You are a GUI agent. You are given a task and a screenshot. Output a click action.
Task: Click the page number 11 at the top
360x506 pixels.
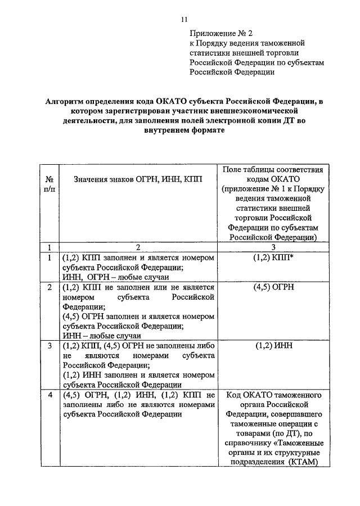184,20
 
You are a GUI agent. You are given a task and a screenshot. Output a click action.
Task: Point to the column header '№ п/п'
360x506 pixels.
49,183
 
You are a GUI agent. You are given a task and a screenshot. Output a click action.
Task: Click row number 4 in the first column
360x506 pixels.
49,395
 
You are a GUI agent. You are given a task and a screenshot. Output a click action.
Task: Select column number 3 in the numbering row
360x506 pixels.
273,247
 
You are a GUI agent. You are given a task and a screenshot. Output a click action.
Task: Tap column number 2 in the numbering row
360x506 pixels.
138,247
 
